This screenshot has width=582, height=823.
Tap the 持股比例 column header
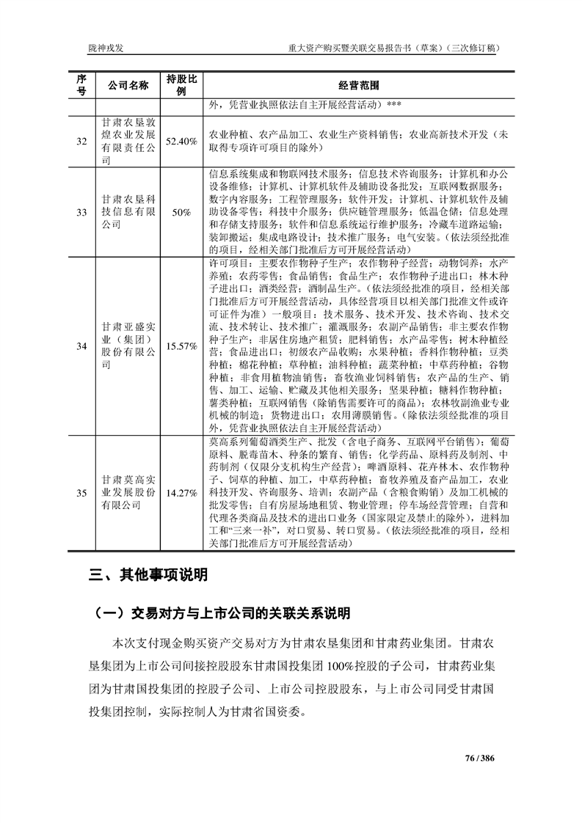click(x=181, y=84)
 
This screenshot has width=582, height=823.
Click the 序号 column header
click(x=81, y=84)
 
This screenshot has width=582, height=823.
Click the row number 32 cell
click(x=81, y=141)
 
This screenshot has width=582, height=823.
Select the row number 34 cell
click(x=81, y=345)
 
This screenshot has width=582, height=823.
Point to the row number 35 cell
click(x=81, y=491)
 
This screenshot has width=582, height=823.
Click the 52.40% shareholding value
click(x=181, y=141)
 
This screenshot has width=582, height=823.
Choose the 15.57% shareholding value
click(x=181, y=345)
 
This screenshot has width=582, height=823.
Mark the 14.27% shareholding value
click(x=181, y=491)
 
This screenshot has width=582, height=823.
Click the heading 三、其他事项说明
click(x=148, y=575)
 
